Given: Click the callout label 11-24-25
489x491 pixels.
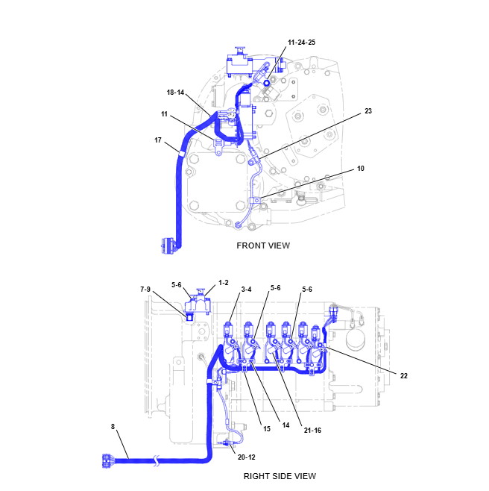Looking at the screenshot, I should click(x=301, y=43).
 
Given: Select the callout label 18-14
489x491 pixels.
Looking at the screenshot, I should click(x=175, y=93).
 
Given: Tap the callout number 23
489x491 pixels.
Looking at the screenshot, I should click(x=367, y=111).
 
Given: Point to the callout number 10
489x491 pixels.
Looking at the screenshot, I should click(x=360, y=169).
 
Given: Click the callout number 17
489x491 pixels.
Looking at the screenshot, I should click(x=158, y=140).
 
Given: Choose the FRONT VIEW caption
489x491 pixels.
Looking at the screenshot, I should click(x=263, y=245).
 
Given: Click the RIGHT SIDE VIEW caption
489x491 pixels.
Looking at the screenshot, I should click(x=280, y=475).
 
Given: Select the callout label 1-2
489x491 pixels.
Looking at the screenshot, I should click(x=223, y=283).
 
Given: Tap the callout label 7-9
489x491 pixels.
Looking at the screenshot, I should click(x=145, y=289).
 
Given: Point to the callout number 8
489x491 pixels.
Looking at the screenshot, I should click(x=113, y=427).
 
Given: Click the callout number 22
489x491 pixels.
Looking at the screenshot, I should click(x=403, y=375).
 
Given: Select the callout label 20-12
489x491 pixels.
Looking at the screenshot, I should click(x=245, y=456).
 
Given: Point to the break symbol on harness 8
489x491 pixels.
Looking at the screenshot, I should click(x=157, y=463).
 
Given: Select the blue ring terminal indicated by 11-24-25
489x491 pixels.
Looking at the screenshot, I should click(x=265, y=82).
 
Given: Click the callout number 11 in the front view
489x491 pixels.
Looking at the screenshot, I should click(x=163, y=115).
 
